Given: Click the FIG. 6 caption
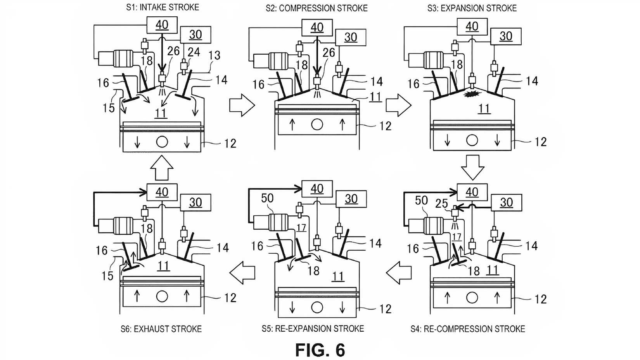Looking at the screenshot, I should (x=320, y=350).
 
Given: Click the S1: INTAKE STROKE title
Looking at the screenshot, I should (x=163, y=7).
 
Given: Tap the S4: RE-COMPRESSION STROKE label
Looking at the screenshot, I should (x=468, y=329).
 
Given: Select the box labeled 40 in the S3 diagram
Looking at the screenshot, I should (x=472, y=26).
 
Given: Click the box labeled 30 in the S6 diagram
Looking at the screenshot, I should (x=195, y=202).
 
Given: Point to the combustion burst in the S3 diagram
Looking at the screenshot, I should (x=470, y=93).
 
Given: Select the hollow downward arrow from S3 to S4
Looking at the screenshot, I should (x=472, y=167).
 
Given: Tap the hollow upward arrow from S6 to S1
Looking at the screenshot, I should (x=162, y=168).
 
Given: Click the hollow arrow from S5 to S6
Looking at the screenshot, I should (x=242, y=273).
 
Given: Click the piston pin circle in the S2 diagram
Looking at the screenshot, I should (x=317, y=125).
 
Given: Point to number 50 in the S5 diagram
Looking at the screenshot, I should (x=267, y=198).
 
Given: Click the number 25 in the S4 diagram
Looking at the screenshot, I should (x=441, y=204).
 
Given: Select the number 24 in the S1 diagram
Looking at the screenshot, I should (x=194, y=52).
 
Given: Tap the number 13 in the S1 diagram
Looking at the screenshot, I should (x=214, y=55).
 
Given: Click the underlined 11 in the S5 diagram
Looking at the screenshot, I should (x=338, y=277).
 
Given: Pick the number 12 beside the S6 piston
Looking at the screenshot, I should (x=230, y=298).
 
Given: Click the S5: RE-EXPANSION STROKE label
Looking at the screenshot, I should (x=313, y=329).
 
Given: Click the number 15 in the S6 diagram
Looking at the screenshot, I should (x=107, y=276).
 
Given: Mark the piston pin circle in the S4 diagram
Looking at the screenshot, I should (x=472, y=298).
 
